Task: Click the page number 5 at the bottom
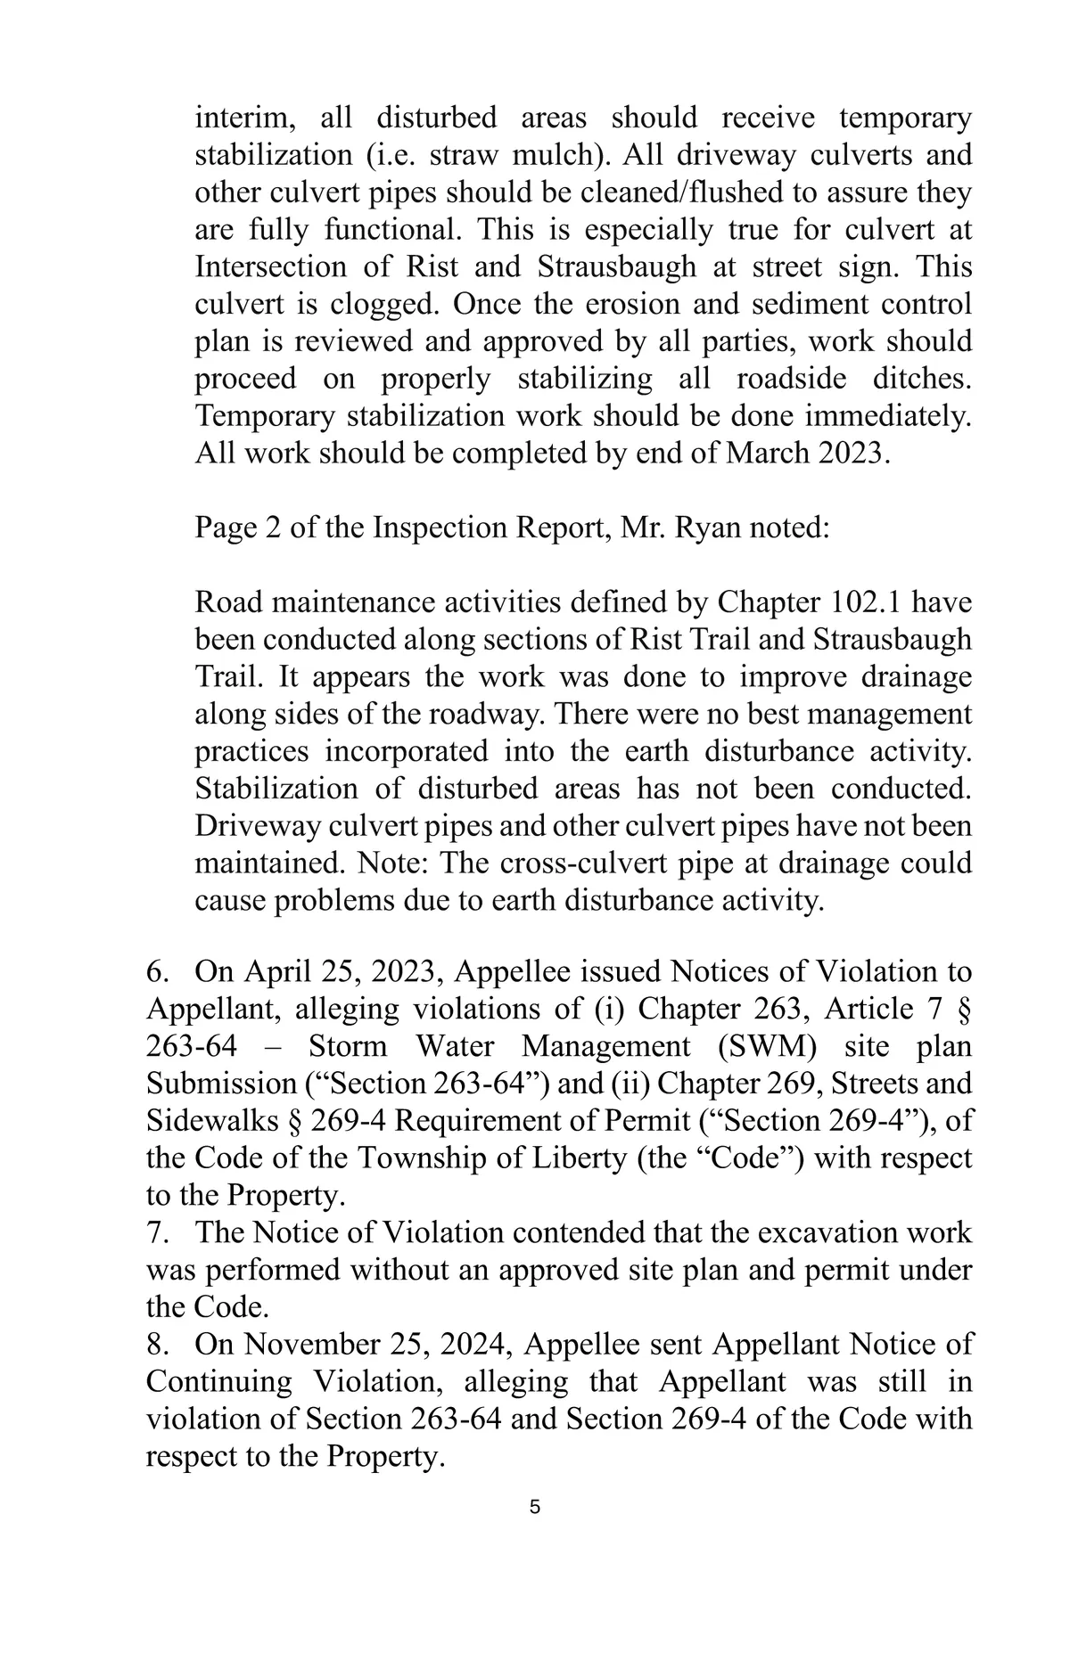pos(534,1508)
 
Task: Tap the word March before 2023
pos(769,454)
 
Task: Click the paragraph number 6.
pos(157,971)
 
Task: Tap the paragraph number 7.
pos(157,1232)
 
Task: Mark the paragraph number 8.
pos(157,1344)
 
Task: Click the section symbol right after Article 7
pos(962,1009)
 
